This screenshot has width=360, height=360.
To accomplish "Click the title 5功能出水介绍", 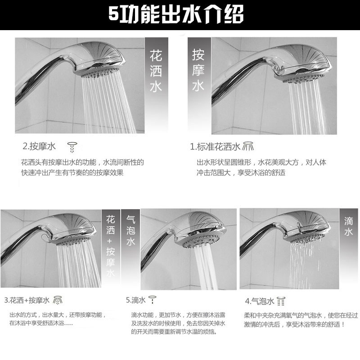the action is click(176, 14).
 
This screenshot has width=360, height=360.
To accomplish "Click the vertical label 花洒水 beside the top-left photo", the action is click(156, 71).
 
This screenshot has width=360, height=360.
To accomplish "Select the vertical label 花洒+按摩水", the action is click(110, 246).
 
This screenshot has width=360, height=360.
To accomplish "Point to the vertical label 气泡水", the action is click(130, 230).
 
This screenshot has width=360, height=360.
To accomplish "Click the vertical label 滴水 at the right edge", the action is click(348, 227).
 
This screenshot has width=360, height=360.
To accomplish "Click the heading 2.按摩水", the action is click(39, 146).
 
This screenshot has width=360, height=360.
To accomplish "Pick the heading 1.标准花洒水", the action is click(215, 147).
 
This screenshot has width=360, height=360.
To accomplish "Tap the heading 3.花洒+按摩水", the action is click(27, 300).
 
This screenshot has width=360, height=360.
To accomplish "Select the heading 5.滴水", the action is click(136, 300).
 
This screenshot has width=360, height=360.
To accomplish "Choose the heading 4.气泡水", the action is click(260, 301).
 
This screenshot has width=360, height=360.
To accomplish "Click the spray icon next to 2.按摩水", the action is click(72, 147).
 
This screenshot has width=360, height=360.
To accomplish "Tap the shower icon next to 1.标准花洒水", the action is click(248, 146).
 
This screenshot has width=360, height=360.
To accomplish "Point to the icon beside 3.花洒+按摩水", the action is click(58, 300).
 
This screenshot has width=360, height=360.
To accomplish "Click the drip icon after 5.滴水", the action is click(153, 300).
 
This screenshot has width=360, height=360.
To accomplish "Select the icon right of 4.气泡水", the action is click(281, 301).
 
